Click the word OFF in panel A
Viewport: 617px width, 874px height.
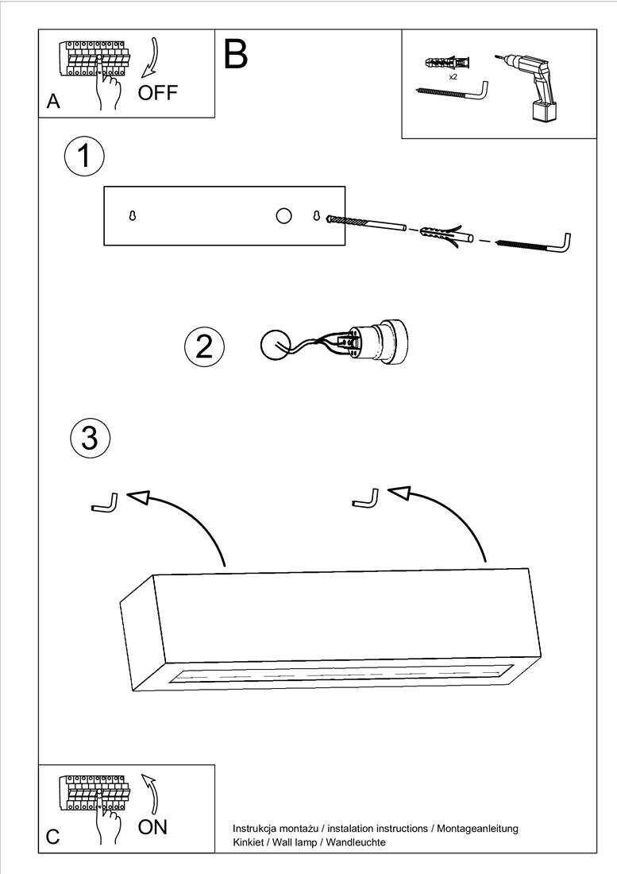click(157, 92)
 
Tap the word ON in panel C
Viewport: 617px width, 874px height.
click(152, 827)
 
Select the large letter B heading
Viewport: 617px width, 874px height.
click(236, 54)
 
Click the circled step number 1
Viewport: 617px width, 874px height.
click(84, 156)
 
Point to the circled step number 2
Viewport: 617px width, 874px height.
click(204, 346)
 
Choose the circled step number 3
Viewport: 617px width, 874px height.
click(91, 438)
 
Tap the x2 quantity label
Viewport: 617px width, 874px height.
click(453, 77)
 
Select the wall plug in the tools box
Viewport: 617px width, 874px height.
click(447, 61)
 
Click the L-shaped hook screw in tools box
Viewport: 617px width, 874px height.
click(452, 91)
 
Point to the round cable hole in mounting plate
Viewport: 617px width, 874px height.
click(284, 215)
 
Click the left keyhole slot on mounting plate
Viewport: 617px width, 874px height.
click(132, 215)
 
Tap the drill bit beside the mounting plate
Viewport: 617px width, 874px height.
click(365, 223)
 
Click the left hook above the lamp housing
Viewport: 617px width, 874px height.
click(105, 503)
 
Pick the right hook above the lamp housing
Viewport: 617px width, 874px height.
click(366, 498)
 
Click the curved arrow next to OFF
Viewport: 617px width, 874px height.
click(149, 57)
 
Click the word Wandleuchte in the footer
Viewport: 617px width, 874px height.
click(356, 842)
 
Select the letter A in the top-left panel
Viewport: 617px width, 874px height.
click(53, 101)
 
